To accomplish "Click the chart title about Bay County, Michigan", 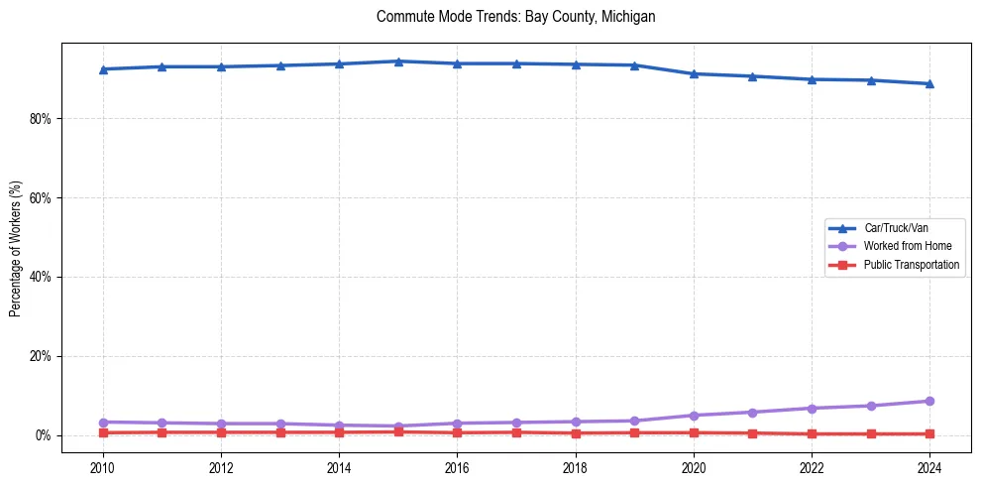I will (515, 17).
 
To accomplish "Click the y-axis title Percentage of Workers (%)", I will (15, 248).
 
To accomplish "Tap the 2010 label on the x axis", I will (103, 467).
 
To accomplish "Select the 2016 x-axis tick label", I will (457, 467).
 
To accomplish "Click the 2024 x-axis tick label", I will (929, 467).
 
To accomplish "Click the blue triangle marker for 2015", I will (398, 61).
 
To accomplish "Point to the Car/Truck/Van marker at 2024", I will (929, 83).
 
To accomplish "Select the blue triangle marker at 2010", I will (103, 68).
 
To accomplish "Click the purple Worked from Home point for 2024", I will (929, 401).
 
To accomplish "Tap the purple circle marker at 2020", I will (694, 416).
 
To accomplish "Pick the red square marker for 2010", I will (103, 432).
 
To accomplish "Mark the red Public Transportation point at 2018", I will (576, 432).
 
